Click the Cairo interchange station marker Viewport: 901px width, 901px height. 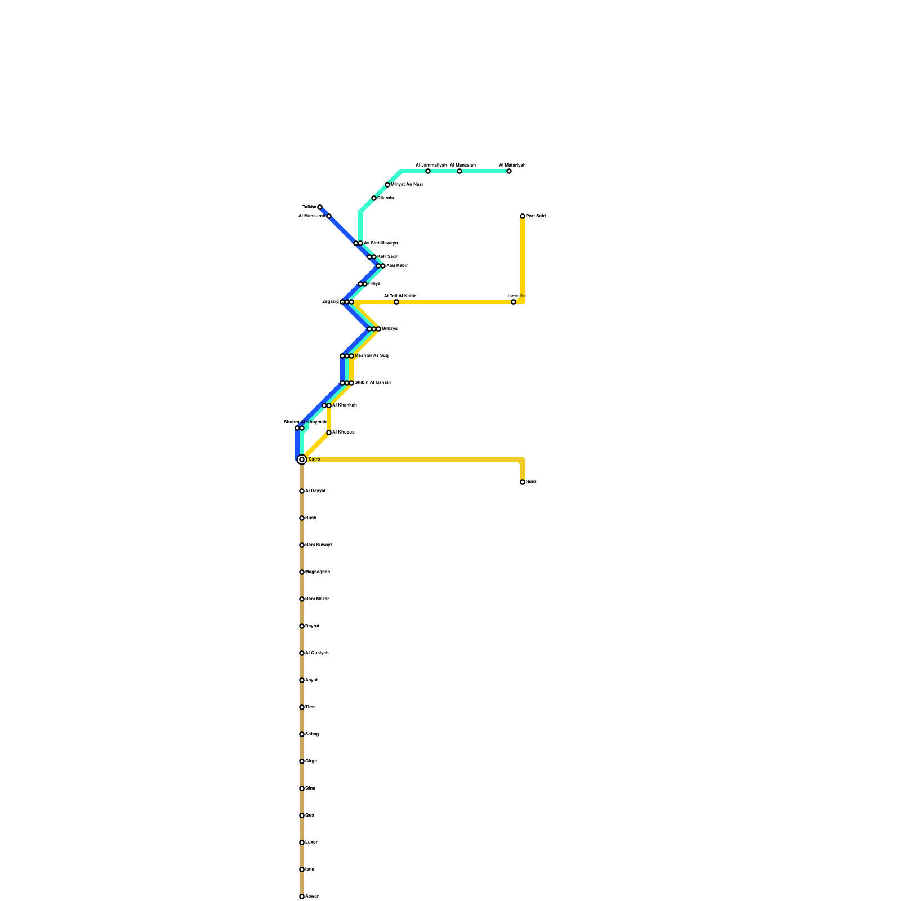click(302, 460)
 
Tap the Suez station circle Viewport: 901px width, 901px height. click(523, 482)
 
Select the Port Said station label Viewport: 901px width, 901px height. click(536, 216)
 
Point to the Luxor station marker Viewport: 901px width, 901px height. click(302, 842)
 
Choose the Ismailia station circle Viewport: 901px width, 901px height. click(514, 302)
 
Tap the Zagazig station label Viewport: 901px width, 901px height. click(330, 302)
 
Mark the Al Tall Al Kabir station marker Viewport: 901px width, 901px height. click(396, 302)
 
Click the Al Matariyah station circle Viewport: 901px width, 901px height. click(509, 171)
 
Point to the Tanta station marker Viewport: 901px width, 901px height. click(320, 207)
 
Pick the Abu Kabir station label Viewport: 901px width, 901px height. click(397, 266)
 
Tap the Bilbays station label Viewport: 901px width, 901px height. click(390, 329)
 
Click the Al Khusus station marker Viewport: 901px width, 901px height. click(329, 432)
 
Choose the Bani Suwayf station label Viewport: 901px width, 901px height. click(318, 545)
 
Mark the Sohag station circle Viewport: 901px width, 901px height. click(302, 734)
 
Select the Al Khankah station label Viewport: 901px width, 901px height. click(345, 405)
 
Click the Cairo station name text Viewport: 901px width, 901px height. click(314, 460)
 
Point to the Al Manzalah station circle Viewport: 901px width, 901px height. click(460, 171)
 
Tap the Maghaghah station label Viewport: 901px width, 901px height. click(317, 572)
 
